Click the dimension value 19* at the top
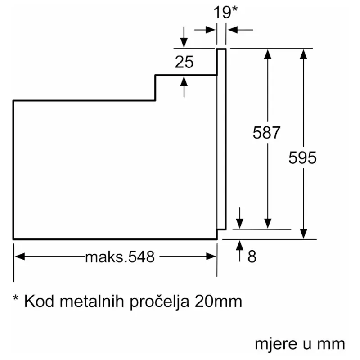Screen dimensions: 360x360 tap(225, 13)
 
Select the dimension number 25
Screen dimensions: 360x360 tap(184, 62)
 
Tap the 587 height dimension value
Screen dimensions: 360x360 tap(266, 133)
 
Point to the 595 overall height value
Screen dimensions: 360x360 tap(302, 158)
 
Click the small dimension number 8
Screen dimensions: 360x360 tap(252, 256)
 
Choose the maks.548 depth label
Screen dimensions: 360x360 tap(120, 257)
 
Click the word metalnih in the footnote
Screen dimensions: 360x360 tap(92, 301)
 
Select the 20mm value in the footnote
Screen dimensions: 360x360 tap(218, 301)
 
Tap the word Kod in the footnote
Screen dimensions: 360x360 tap(39, 301)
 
